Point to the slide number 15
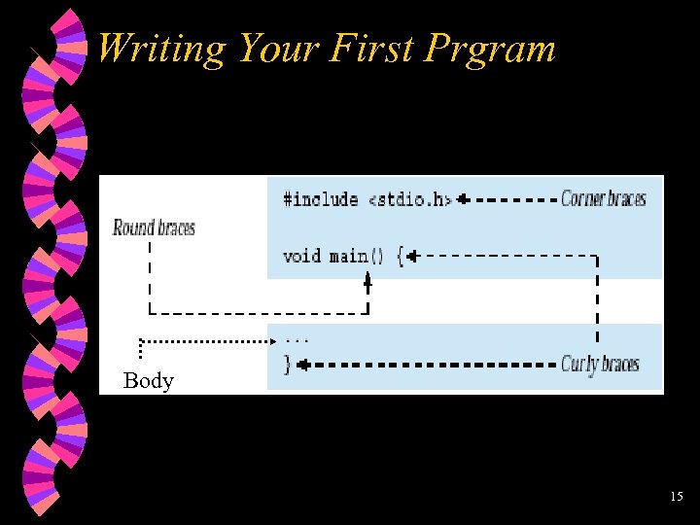(677, 497)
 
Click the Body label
(149, 381)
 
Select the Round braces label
(154, 228)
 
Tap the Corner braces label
(603, 199)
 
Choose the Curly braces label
(600, 365)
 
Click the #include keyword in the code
(320, 200)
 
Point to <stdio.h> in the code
(409, 200)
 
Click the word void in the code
(301, 257)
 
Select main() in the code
(349, 257)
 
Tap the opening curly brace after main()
(400, 257)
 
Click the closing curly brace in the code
(287, 366)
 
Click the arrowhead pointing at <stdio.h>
(464, 200)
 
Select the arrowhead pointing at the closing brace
(302, 366)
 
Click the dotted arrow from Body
(209, 341)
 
